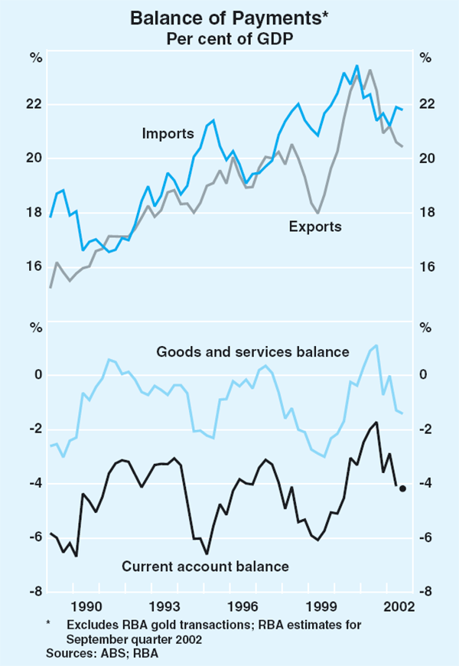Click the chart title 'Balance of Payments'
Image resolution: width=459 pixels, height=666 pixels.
tap(227, 17)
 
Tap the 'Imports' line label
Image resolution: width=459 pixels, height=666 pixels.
tap(168, 134)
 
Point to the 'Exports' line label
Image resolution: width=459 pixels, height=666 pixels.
tap(315, 227)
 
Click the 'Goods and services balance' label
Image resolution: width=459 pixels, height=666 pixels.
tap(252, 352)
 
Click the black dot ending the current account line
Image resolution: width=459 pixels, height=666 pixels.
tap(402, 488)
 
